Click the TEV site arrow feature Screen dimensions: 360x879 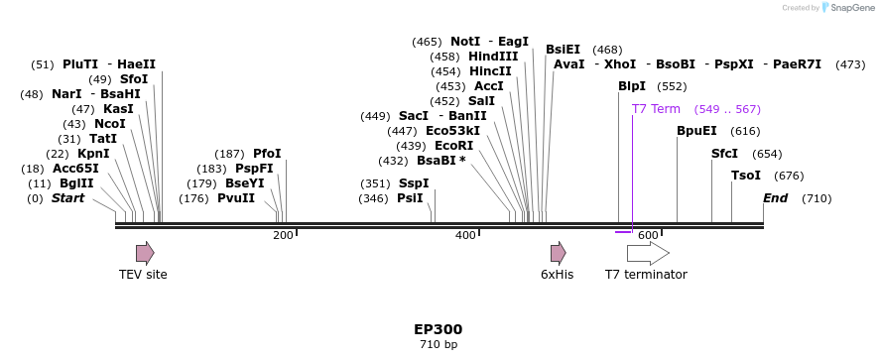tap(145, 253)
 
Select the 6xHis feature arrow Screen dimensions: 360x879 tap(558, 253)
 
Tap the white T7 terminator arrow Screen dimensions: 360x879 tap(647, 253)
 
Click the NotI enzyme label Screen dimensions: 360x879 tap(465, 42)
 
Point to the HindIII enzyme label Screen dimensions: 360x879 tap(493, 57)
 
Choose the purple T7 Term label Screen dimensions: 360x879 tap(656, 109)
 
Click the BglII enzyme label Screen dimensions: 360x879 tap(76, 183)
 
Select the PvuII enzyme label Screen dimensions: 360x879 tap(236, 198)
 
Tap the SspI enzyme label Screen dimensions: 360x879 tap(414, 183)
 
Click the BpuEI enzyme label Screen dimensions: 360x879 tap(696, 131)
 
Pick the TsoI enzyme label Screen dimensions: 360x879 tap(746, 176)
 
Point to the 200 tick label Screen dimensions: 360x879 tap(283, 235)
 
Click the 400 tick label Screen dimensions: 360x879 tap(465, 235)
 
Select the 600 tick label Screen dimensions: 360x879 tap(648, 235)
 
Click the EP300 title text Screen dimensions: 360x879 tap(439, 329)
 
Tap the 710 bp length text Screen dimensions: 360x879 tap(439, 345)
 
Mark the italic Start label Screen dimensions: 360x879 tap(67, 198)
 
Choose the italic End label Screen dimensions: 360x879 tap(775, 198)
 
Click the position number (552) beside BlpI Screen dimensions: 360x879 tap(672, 86)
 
